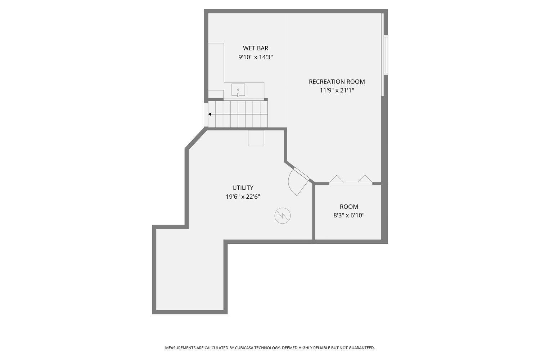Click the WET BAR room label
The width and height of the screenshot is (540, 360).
click(x=256, y=48)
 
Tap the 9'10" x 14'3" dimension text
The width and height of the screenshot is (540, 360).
click(x=256, y=57)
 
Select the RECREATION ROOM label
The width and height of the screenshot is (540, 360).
click(x=337, y=82)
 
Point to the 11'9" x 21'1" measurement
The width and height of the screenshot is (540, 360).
click(x=337, y=90)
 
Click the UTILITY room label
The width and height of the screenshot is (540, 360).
click(x=243, y=188)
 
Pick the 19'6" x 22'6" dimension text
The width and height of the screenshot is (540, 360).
click(x=243, y=197)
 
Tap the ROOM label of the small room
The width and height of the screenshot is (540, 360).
click(x=349, y=207)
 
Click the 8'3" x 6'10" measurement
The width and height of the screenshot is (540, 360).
click(x=349, y=215)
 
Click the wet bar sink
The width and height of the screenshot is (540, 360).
click(x=238, y=90)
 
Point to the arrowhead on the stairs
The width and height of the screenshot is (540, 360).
click(x=210, y=114)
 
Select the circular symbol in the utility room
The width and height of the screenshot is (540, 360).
click(x=283, y=216)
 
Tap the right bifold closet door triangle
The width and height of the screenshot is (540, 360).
click(x=365, y=179)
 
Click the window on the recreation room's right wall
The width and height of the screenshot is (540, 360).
click(x=386, y=55)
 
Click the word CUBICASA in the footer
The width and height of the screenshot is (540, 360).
click(x=246, y=348)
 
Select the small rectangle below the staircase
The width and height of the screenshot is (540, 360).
click(x=256, y=138)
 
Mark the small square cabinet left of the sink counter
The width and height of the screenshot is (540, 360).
click(x=216, y=94)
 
